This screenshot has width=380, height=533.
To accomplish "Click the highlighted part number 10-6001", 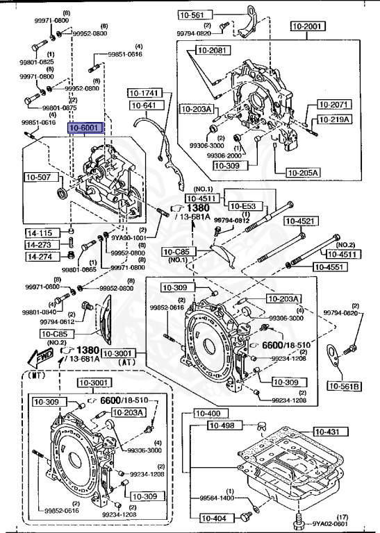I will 84,128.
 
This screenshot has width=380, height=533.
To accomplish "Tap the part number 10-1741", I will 144,93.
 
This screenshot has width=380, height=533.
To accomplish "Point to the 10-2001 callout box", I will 307,27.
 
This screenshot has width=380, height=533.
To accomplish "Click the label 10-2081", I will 211,50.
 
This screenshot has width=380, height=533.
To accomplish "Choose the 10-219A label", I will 335,119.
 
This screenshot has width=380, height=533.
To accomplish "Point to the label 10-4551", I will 329,266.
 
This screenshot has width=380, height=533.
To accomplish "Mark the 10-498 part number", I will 233,426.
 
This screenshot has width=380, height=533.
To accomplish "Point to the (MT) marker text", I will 36,375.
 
